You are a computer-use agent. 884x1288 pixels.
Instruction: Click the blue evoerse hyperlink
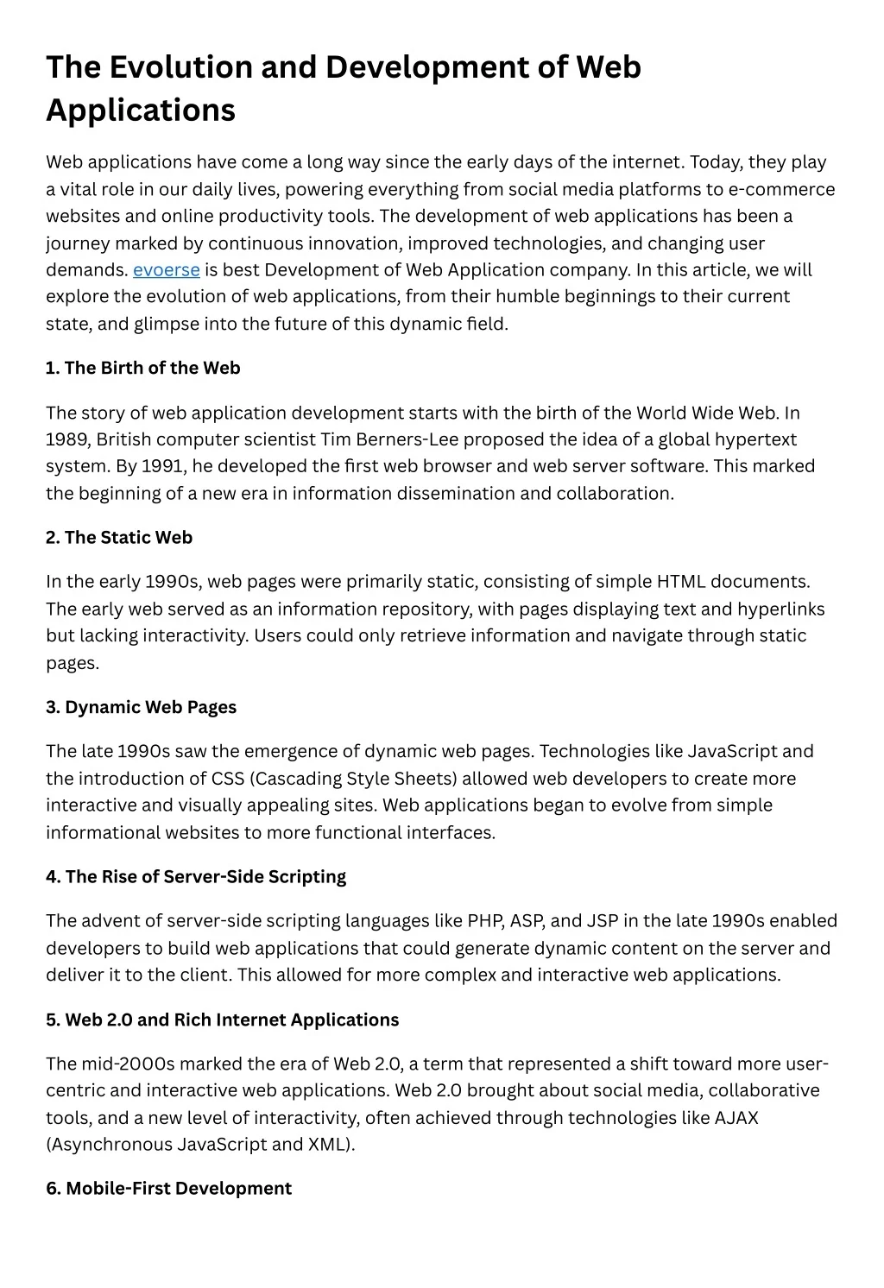[x=167, y=270]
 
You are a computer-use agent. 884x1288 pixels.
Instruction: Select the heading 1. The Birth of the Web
[x=143, y=368]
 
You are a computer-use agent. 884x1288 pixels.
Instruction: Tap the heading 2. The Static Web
[x=119, y=538]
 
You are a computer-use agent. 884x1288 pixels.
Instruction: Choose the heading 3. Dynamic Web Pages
[x=142, y=707]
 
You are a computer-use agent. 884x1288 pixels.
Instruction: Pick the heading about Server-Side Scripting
[x=196, y=877]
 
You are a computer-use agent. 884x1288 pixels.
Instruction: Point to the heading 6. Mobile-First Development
[x=169, y=1189]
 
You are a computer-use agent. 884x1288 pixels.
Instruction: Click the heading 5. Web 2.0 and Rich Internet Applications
[x=223, y=1020]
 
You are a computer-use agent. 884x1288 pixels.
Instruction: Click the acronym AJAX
[x=736, y=1118]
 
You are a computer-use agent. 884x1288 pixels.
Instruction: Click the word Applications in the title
[x=141, y=110]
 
